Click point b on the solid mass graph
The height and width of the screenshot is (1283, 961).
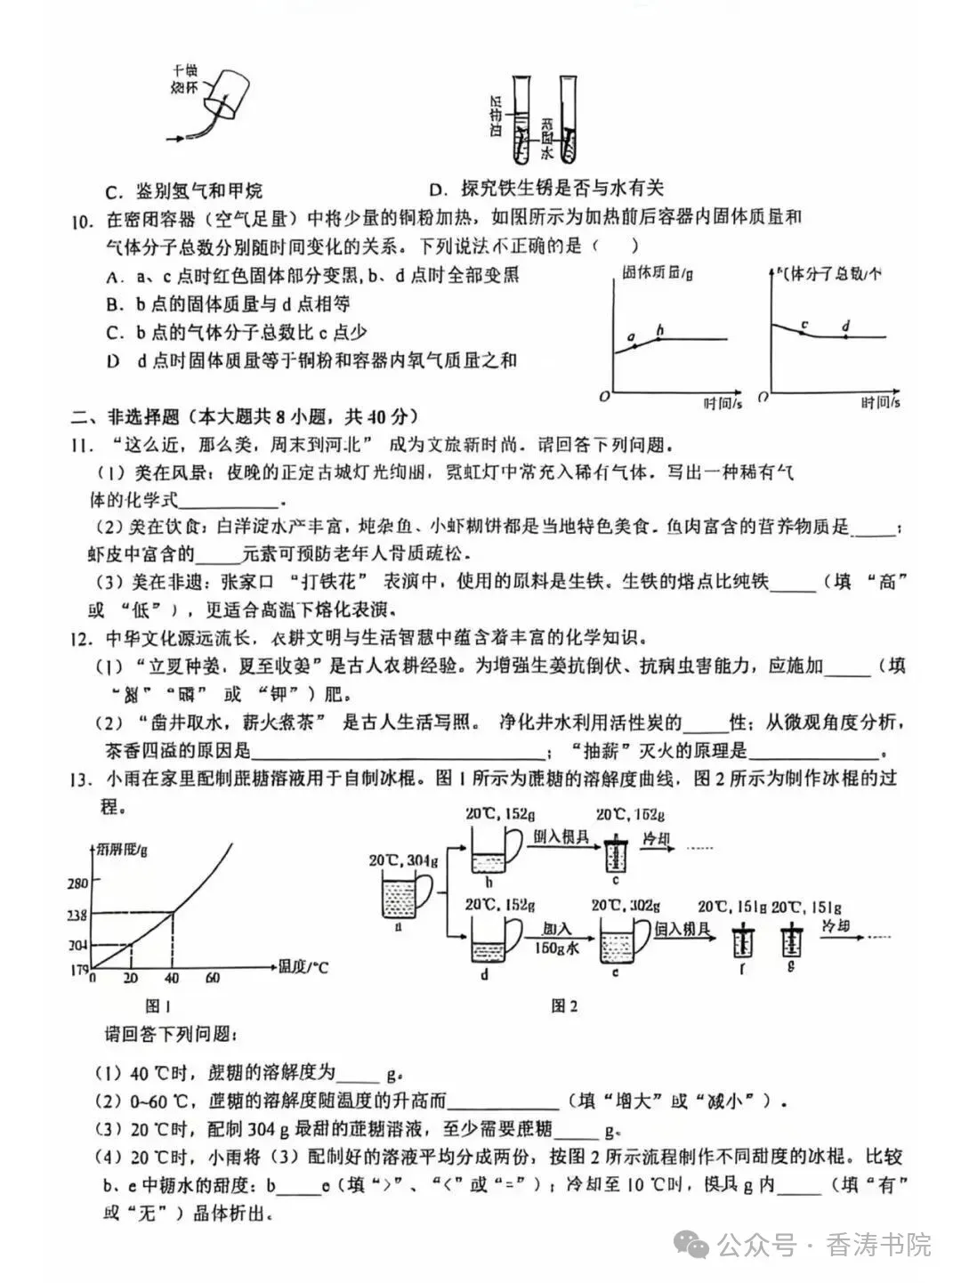[x=659, y=338]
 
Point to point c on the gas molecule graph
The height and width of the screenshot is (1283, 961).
[x=804, y=334]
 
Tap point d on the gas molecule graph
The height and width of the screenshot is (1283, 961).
[x=845, y=336]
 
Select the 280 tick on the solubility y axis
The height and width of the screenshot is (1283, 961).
[x=78, y=883]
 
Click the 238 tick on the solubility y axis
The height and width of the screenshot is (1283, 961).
[x=78, y=915]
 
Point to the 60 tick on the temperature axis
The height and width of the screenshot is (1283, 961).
[x=213, y=978]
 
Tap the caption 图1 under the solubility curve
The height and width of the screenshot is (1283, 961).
[x=158, y=1005]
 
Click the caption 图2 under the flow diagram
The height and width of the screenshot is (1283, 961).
[x=564, y=1005]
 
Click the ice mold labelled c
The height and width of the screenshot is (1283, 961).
[x=614, y=855]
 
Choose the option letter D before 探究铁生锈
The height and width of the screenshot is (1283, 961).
[x=436, y=189]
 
